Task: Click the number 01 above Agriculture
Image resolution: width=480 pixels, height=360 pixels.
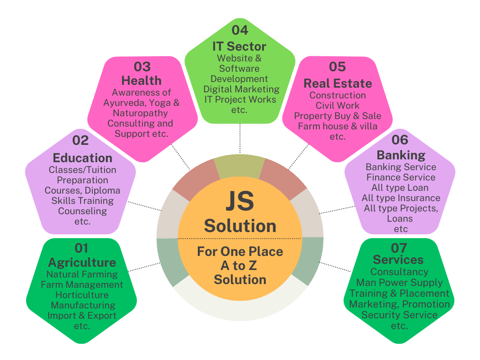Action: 82,248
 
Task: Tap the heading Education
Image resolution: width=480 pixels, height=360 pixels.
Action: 82,157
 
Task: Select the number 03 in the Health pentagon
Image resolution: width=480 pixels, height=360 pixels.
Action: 142,67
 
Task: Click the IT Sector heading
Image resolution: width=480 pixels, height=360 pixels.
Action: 240,46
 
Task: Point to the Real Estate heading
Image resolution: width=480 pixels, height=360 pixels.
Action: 337,83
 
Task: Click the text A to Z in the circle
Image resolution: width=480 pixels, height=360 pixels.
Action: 240,266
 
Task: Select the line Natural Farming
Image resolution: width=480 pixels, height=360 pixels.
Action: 82,274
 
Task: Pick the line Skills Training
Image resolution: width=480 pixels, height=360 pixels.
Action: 82,201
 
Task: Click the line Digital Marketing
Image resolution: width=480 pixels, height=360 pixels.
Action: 241,89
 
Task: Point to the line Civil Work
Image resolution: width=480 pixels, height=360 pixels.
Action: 337,105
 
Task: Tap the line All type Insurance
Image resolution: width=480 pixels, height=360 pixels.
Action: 401,198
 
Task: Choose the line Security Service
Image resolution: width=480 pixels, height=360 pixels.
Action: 399,315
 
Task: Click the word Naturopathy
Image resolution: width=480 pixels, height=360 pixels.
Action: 140,113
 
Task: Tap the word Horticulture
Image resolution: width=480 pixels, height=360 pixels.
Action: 82,295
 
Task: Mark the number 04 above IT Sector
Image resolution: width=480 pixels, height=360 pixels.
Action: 240,30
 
